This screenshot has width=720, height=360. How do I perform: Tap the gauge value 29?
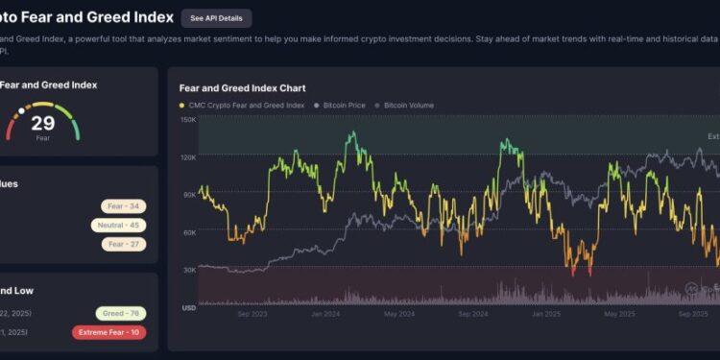tap(42, 122)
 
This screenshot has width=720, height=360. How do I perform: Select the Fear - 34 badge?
tap(123, 205)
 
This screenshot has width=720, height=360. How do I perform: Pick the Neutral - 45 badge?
tap(118, 225)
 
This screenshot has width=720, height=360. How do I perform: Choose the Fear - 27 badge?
tap(123, 244)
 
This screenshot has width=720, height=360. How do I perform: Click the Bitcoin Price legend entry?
tap(343, 105)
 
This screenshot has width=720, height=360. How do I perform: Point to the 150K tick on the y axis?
tap(188, 120)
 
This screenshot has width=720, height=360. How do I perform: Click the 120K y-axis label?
tap(188, 156)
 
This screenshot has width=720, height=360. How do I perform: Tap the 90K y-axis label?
tap(190, 194)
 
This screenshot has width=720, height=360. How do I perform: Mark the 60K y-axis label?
tap(190, 232)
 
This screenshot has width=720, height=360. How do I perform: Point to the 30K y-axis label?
tap(190, 270)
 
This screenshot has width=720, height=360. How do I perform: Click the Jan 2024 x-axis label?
tap(326, 314)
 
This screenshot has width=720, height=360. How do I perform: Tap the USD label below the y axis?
tap(189, 307)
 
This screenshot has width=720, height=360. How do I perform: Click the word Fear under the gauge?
tap(42, 137)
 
